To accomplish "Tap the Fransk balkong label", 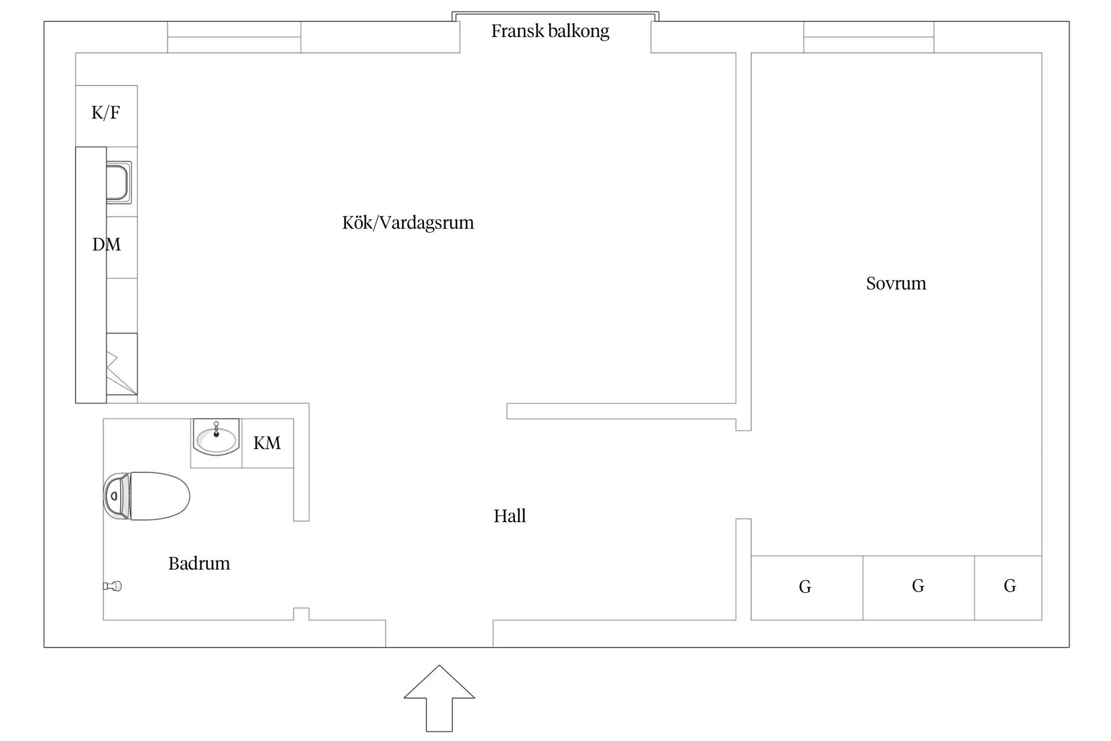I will [x=550, y=31].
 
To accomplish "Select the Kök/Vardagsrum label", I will [x=408, y=223].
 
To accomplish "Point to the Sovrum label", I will [x=896, y=284].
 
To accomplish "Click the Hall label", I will [x=510, y=516].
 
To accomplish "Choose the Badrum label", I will [x=199, y=564].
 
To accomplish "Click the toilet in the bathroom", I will [x=147, y=496].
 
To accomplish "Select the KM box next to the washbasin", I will [x=267, y=443].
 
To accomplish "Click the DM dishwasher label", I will [x=106, y=245].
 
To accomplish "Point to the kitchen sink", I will [x=119, y=182].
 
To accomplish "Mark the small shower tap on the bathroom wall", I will [x=113, y=586].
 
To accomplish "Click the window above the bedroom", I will [x=869, y=37].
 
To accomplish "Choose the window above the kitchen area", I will [x=234, y=37].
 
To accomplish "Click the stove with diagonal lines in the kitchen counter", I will [x=122, y=364].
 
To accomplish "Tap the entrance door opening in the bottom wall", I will [x=439, y=634].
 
